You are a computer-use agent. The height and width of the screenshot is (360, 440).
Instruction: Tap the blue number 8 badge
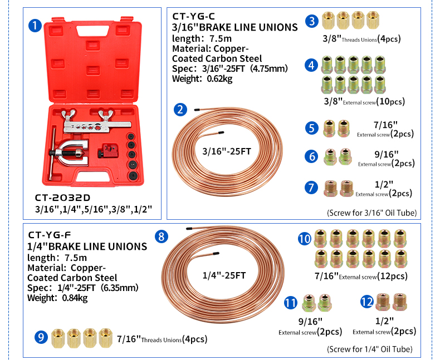161,236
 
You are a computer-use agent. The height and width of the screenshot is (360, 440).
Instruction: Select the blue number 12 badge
366,302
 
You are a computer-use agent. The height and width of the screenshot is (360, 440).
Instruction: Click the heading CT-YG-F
50,235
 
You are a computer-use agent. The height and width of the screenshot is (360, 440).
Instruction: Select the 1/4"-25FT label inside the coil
224,274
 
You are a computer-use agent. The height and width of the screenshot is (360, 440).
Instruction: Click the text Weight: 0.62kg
202,78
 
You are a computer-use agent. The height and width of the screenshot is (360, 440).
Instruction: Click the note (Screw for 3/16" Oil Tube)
371,213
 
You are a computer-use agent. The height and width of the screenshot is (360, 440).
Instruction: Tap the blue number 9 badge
40,337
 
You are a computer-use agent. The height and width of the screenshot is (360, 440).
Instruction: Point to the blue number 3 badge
312,22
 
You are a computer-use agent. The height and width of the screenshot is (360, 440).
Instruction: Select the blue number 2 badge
180,109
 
